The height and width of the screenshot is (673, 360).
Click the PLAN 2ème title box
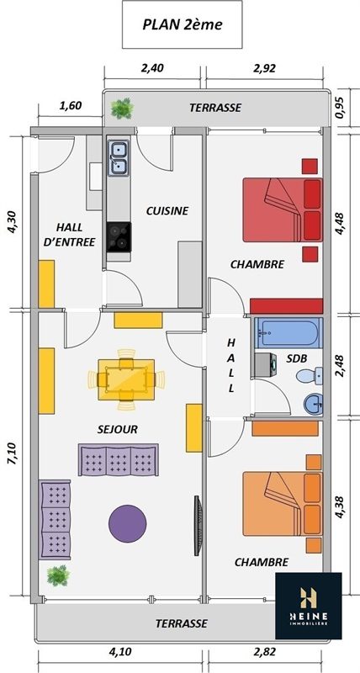[183, 24]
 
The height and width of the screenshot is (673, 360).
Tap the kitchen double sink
[119, 157]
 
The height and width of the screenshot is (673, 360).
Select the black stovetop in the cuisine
[119, 237]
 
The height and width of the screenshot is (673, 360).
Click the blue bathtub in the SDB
[288, 332]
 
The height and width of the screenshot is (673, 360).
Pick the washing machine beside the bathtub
[265, 365]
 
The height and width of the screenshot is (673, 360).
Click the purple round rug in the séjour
[128, 523]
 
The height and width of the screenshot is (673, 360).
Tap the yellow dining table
[126, 379]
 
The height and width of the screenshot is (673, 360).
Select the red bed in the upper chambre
[283, 209]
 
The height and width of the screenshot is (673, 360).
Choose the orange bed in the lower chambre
[283, 503]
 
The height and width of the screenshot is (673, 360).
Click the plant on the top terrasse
[122, 109]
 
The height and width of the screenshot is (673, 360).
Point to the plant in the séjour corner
[58, 575]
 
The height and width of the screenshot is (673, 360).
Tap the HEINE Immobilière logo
[309, 606]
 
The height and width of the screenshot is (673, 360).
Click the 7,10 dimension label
[13, 453]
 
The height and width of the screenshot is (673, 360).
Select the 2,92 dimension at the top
[264, 68]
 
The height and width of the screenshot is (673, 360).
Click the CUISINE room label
[167, 211]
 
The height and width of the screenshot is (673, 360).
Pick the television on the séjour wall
[198, 525]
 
